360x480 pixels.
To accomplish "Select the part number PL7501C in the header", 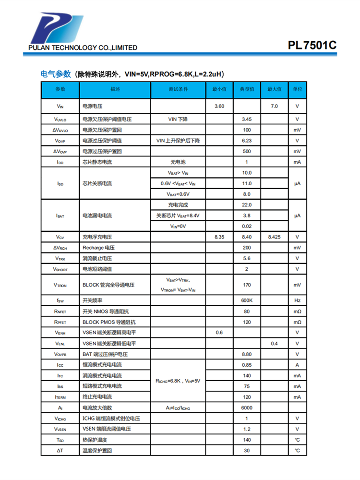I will pyautogui.click(x=312, y=46).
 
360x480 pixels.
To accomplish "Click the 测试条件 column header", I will pyautogui.click(x=178, y=90).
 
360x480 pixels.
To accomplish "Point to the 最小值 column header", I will pyautogui.click(x=219, y=90).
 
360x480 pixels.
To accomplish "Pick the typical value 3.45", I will pyautogui.click(x=247, y=119).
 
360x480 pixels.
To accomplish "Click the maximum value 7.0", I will pyautogui.click(x=274, y=106).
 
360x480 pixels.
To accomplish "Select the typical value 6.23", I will pyautogui.click(x=247, y=141).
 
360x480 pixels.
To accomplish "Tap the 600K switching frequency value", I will pyautogui.click(x=247, y=300).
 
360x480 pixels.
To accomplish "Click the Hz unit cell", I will pyautogui.click(x=297, y=300).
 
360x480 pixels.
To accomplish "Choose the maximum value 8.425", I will pyautogui.click(x=274, y=237).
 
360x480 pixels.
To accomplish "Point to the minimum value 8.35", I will pyautogui.click(x=219, y=237).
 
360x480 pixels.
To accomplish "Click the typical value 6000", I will pyautogui.click(x=247, y=408).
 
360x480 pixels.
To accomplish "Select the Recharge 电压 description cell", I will pyautogui.click(x=98, y=248).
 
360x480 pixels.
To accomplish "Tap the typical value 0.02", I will pyautogui.click(x=247, y=226).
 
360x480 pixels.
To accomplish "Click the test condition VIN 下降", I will pyautogui.click(x=178, y=119).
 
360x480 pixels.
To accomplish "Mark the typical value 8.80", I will pyautogui.click(x=247, y=354).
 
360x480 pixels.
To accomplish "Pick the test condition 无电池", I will pyautogui.click(x=178, y=162).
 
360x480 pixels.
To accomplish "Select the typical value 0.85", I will pyautogui.click(x=247, y=365).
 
